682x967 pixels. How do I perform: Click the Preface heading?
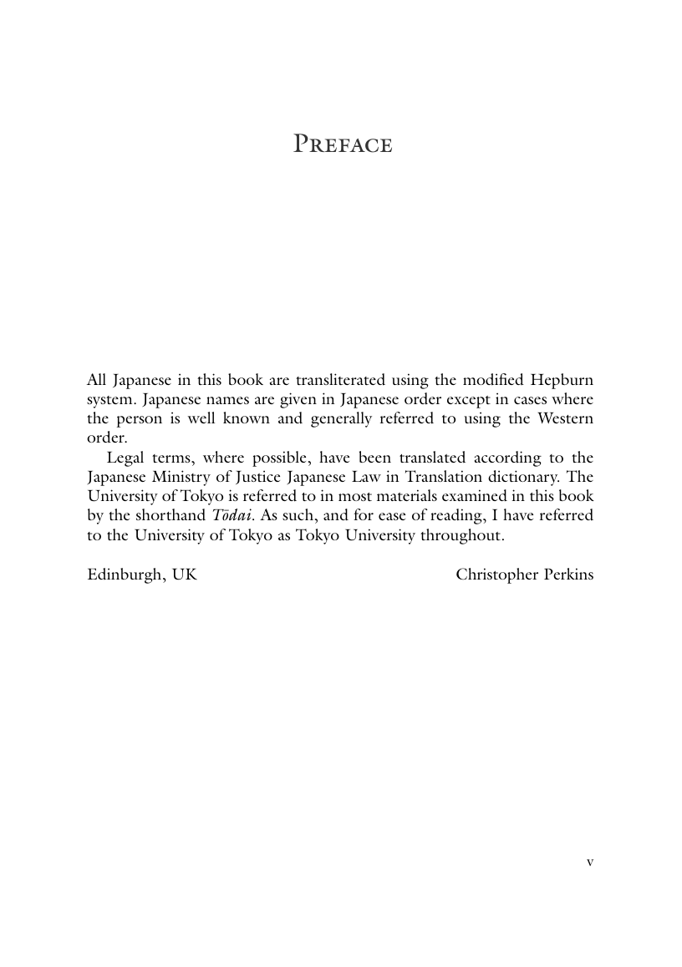coord(343,145)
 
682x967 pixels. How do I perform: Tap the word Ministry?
coord(182,477)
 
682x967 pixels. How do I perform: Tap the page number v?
coord(590,862)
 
